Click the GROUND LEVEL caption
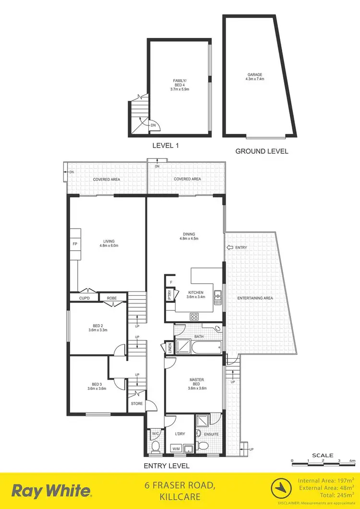pos(262,151)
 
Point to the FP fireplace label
pos(75,244)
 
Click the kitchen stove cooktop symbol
pos(195,316)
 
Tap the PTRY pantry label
pos(170,295)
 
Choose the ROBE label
pos(112,298)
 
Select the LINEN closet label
pos(169,348)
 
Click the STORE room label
pos(137,404)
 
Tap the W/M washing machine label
pos(177,449)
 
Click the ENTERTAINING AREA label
pos(255,298)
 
